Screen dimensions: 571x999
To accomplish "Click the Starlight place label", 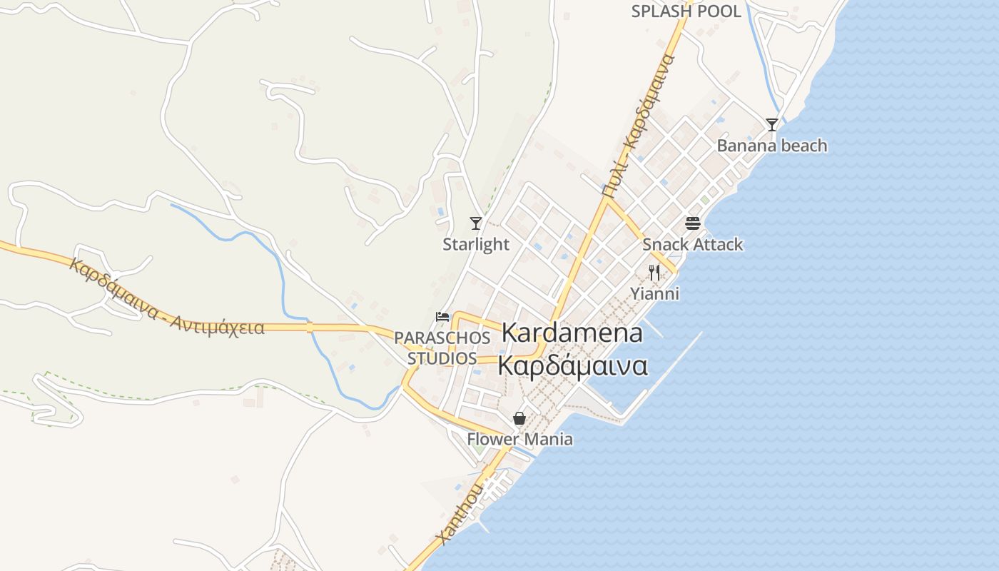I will tap(476, 244).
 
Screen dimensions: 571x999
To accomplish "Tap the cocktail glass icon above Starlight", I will tap(476, 223).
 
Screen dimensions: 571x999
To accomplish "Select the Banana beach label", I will tap(772, 146).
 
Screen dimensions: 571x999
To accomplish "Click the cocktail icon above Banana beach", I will tap(772, 125).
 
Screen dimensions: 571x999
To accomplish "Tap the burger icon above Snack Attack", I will tap(692, 223).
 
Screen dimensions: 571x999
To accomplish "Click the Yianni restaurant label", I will tap(654, 293).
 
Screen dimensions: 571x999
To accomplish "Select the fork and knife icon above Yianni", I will tap(654, 272).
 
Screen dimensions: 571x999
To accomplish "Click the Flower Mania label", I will tap(519, 439).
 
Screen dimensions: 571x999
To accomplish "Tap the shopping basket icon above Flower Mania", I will tap(519, 418).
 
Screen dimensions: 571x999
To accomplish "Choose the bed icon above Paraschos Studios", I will tap(442, 316).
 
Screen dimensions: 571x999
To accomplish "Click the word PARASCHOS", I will tap(442, 337).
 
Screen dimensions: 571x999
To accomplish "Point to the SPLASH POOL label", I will tap(686, 11).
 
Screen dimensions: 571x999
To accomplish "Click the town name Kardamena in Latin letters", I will tap(572, 333).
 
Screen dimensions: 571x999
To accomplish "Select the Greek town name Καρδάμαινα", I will tap(572, 365).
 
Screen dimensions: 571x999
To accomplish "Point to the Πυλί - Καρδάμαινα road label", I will tap(638, 126).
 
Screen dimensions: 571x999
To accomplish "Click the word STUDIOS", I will tap(442, 358).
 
